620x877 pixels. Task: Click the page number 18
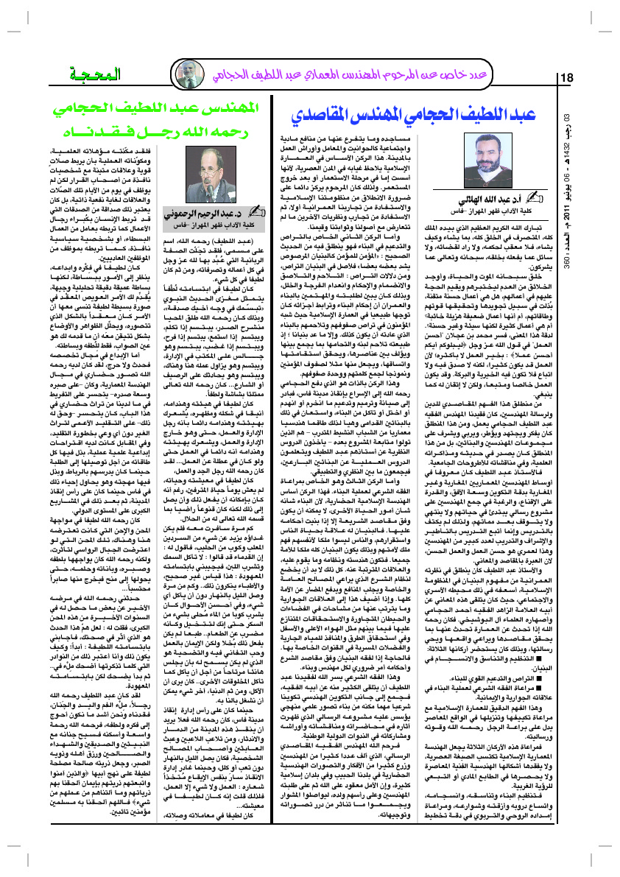click(568, 79)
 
